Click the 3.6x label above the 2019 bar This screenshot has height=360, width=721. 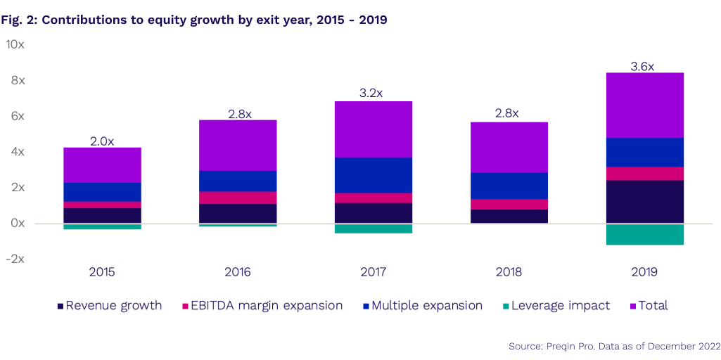click(642, 67)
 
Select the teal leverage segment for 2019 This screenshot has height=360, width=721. click(644, 234)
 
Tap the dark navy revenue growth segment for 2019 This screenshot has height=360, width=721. click(644, 202)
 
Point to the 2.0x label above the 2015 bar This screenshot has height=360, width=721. click(102, 141)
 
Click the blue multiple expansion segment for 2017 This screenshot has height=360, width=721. click(373, 175)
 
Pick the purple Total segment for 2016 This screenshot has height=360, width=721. click(238, 145)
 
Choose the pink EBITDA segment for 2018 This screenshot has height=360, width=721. click(509, 204)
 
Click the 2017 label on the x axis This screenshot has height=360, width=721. click(373, 272)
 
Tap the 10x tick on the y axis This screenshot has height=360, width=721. click(15, 44)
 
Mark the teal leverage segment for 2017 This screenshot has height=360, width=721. click(373, 229)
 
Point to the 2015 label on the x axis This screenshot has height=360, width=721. click(102, 272)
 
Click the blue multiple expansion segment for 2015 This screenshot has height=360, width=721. click(102, 192)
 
